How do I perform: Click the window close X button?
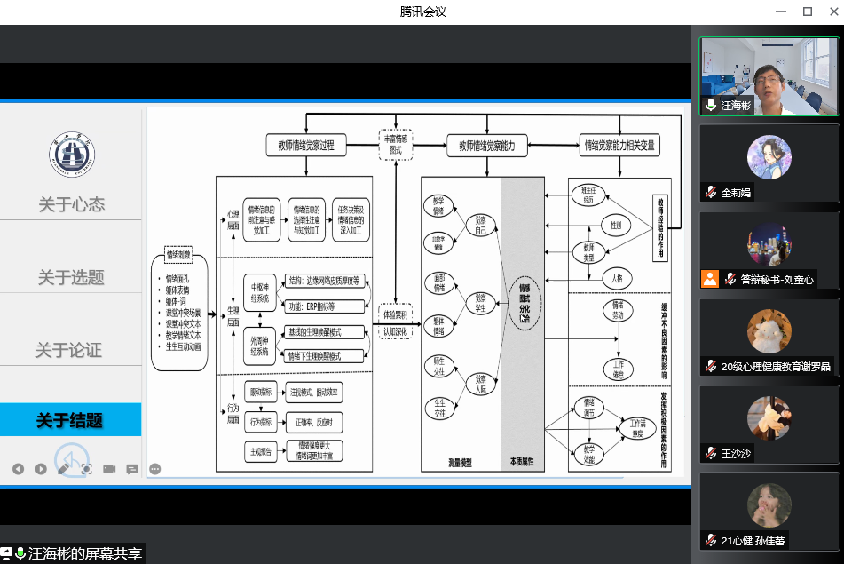830,12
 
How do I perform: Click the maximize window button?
808,12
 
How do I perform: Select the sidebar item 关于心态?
71,204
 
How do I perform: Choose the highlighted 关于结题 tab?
70,420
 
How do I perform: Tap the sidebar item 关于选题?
71,277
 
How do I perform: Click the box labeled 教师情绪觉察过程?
306,145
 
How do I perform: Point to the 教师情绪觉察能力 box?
493,145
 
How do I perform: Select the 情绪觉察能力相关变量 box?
619,145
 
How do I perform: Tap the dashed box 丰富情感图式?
395,144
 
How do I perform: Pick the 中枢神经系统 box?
260,292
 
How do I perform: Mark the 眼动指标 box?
261,391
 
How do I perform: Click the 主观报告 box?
261,451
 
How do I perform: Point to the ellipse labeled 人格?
617,278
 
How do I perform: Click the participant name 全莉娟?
736,192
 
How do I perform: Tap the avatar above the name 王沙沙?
769,418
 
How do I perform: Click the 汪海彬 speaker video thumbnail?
769,75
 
